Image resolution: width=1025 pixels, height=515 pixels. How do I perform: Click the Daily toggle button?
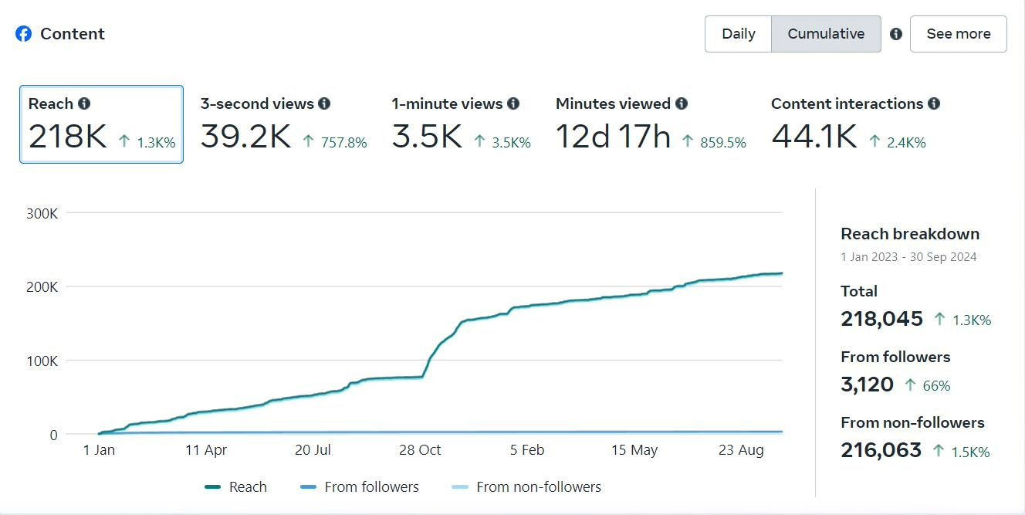(x=738, y=34)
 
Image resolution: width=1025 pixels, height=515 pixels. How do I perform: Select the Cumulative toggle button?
(x=826, y=34)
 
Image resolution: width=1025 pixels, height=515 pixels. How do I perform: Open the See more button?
(x=958, y=34)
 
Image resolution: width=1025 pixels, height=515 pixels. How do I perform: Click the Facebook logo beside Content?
(x=24, y=34)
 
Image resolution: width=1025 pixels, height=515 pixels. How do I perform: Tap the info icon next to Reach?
(x=84, y=103)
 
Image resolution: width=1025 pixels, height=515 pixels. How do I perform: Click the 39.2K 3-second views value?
(x=245, y=137)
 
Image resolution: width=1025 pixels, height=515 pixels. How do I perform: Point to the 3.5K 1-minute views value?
(x=427, y=137)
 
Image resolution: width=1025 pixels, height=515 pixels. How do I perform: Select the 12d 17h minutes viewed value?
(x=613, y=137)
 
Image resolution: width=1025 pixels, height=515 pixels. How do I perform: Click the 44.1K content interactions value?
(x=814, y=137)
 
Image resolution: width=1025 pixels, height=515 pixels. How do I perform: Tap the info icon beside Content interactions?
(x=934, y=103)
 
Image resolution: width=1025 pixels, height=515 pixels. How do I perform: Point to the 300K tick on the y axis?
(x=42, y=213)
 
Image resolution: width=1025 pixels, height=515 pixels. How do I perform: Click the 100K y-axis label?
(x=42, y=361)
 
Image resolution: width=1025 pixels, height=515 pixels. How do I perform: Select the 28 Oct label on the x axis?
(x=418, y=450)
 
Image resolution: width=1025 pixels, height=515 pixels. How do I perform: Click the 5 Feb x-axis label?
(x=527, y=450)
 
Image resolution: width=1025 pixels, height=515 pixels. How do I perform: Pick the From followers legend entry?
(x=359, y=487)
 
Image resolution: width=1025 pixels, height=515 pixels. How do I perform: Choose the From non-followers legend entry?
(x=526, y=487)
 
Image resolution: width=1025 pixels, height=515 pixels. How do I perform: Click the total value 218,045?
(x=881, y=319)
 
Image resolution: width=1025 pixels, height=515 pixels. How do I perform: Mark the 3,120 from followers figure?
(x=867, y=385)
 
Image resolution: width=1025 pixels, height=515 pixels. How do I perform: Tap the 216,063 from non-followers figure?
(x=881, y=450)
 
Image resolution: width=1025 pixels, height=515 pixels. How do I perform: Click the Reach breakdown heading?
(x=909, y=234)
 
